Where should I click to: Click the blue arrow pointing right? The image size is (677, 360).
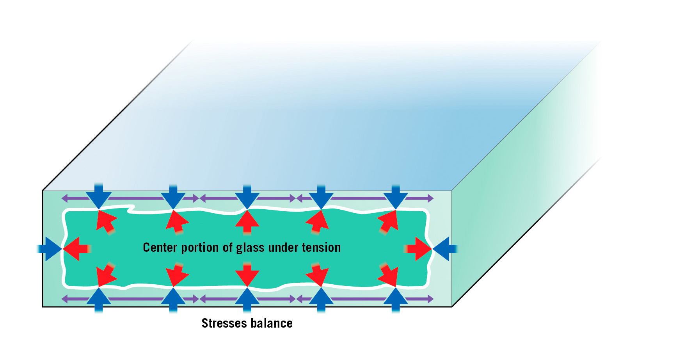click(x=50, y=249)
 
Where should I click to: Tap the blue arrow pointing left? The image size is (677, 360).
click(x=445, y=249)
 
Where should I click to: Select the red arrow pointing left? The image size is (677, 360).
click(x=77, y=249)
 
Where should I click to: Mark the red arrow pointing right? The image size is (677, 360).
click(x=418, y=249)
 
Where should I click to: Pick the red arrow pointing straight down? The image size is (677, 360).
click(x=247, y=275)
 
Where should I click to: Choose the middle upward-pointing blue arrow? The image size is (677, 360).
click(x=247, y=300)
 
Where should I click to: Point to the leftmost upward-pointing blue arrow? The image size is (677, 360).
click(x=99, y=300)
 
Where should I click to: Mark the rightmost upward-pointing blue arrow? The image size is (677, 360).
click(x=396, y=300)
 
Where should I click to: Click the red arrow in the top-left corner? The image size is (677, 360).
click(x=106, y=221)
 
